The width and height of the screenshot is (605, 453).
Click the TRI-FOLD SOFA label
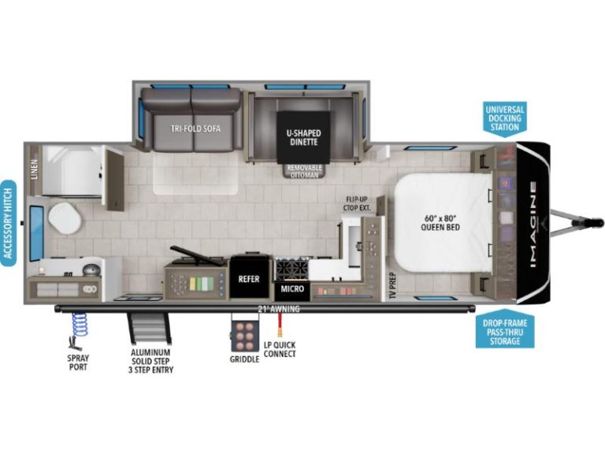[195, 128]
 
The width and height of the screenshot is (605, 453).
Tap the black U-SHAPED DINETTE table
[303, 138]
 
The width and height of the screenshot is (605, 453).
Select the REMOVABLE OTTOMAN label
[304, 171]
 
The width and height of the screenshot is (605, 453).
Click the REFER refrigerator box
[249, 279]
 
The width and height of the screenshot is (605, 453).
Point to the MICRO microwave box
[292, 289]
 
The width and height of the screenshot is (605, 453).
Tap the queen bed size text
[440, 222]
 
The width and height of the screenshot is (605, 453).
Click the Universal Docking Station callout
[505, 118]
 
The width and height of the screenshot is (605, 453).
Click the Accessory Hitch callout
[9, 223]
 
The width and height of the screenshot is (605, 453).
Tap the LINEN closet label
[35, 169]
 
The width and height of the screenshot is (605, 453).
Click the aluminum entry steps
[150, 329]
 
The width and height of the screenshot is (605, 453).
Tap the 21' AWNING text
[279, 309]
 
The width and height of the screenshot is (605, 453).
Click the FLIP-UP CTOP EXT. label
[357, 203]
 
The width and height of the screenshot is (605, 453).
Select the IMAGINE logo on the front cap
[533, 225]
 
